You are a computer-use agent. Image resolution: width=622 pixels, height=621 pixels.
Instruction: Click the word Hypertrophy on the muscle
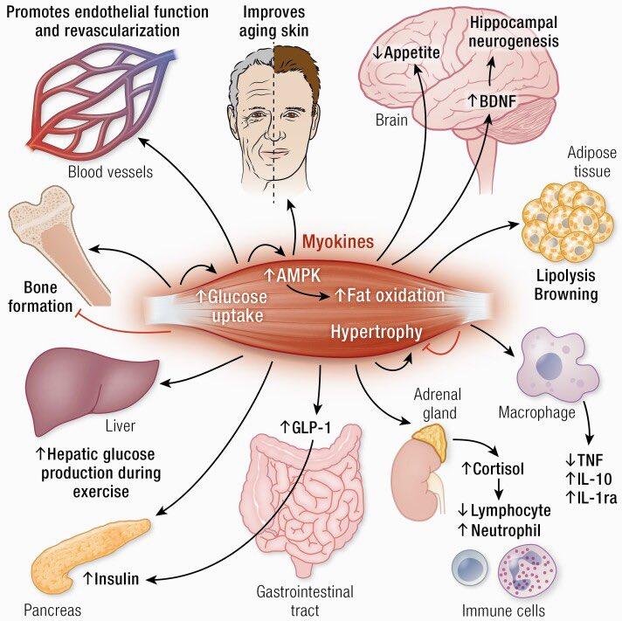(x=377, y=331)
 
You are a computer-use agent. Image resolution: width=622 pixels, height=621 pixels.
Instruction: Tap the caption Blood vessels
(x=110, y=171)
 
